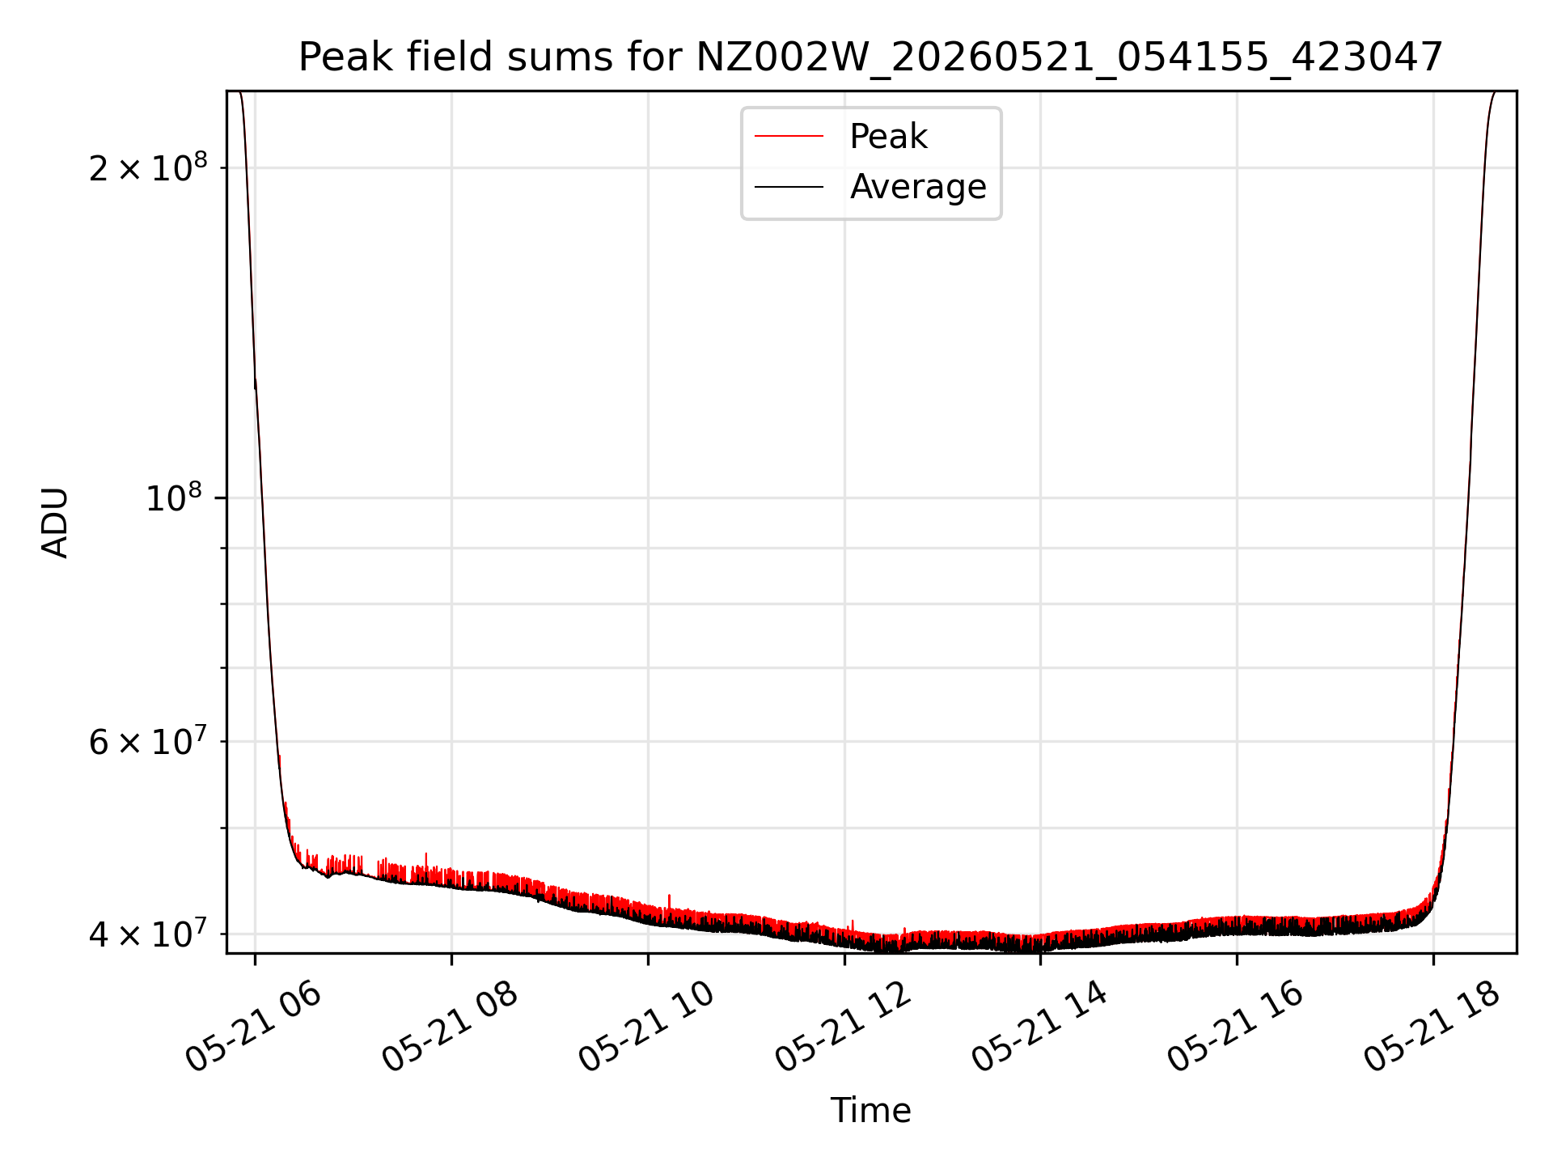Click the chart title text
[871, 57]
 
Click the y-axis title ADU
[55, 523]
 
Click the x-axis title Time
[870, 1111]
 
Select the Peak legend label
[888, 137]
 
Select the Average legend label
[918, 187]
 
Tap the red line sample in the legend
[789, 137]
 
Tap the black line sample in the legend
[789, 187]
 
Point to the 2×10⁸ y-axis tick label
[148, 167]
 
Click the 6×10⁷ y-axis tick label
[148, 741]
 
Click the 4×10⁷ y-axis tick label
[148, 934]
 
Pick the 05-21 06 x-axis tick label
[254, 1027]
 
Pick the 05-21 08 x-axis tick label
[451, 1027]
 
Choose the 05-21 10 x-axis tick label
[647, 1027]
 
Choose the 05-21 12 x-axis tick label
[844, 1027]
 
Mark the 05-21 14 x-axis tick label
[1040, 1027]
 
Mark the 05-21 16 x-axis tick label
[1237, 1027]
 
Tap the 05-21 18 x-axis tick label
[1433, 1027]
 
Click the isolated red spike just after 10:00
[670, 901]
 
